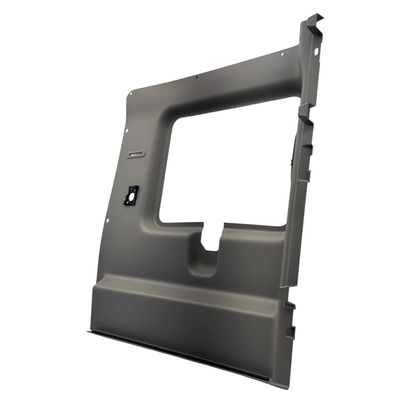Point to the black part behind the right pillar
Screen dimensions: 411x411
[x=292, y=152]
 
